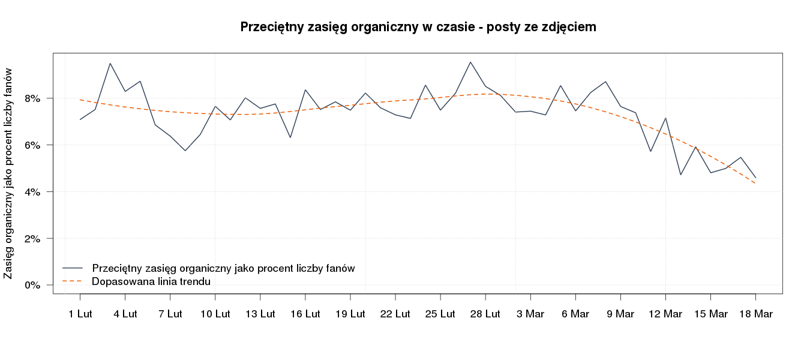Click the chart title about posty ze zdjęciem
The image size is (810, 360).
pyautogui.click(x=418, y=27)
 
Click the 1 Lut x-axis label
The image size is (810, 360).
pyautogui.click(x=80, y=314)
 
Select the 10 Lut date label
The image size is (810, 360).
pyautogui.click(x=215, y=314)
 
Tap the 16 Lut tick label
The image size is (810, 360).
pyautogui.click(x=305, y=314)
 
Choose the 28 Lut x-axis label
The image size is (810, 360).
pyautogui.click(x=485, y=314)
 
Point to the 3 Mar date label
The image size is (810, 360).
pyautogui.click(x=530, y=314)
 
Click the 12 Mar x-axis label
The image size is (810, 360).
pyautogui.click(x=665, y=314)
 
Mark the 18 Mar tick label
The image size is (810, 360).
pyautogui.click(x=755, y=314)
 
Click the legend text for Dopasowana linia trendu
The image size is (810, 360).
pyautogui.click(x=151, y=281)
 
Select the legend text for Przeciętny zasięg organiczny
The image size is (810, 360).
pyautogui.click(x=223, y=268)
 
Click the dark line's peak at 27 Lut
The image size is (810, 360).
pyautogui.click(x=470, y=62)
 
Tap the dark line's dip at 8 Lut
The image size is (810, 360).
pyautogui.click(x=185, y=151)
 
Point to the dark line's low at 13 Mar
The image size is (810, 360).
pyautogui.click(x=680, y=175)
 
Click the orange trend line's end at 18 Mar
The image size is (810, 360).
pyautogui.click(x=755, y=183)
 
